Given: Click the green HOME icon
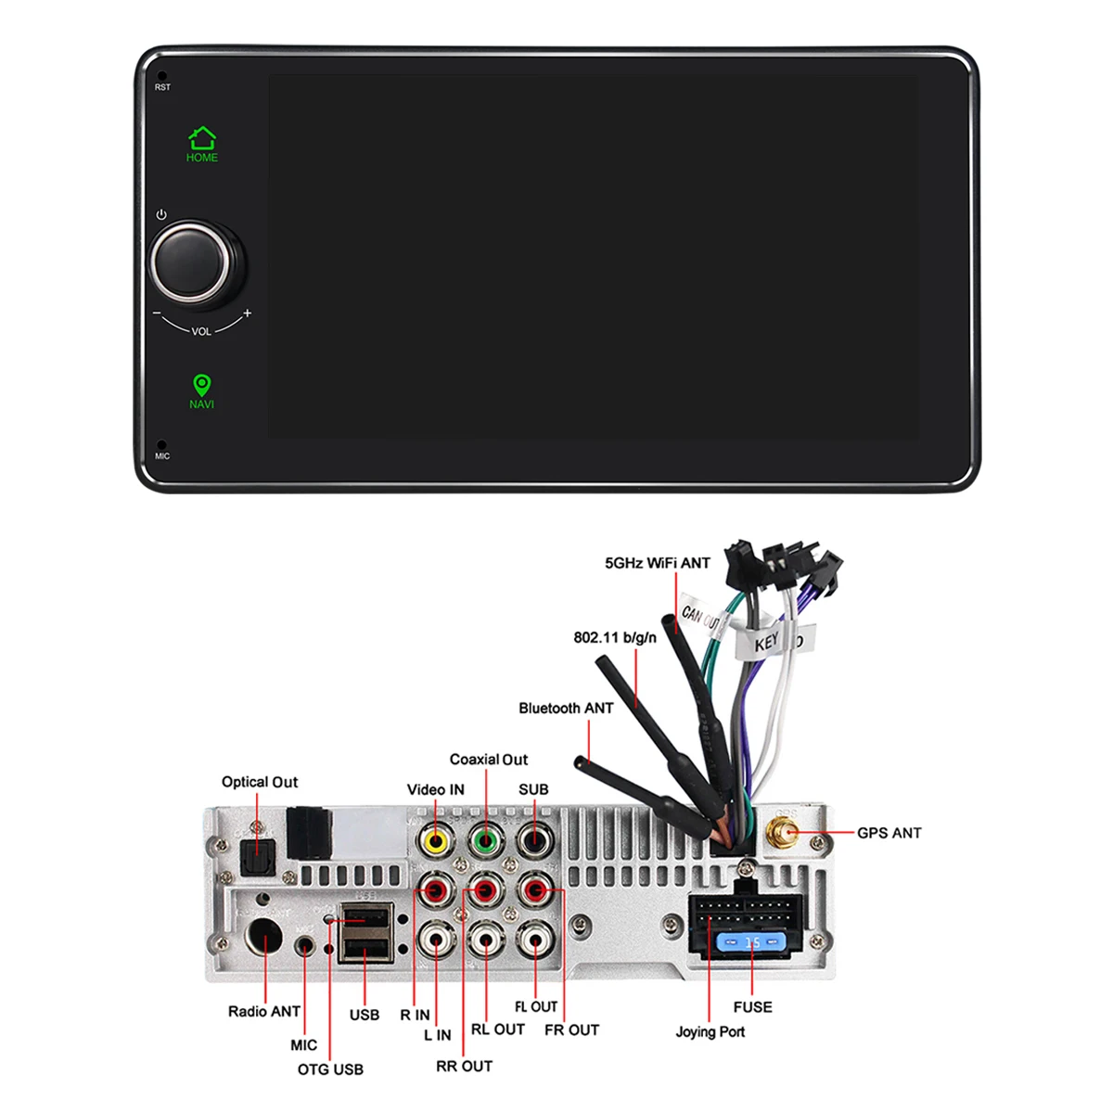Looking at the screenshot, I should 202,139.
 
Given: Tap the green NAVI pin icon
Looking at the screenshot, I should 201,385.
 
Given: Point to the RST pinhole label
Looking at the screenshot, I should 162,87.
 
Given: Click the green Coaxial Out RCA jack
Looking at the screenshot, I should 484,841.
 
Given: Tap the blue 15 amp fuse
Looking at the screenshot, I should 752,943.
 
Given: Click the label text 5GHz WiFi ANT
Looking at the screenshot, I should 658,563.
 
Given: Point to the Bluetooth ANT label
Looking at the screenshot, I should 566,708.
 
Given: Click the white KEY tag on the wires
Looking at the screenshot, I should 768,643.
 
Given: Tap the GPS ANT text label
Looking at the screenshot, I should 889,833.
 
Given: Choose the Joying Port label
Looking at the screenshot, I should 710,1031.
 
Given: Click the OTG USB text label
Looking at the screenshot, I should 330,1069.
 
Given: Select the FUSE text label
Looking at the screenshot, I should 752,1006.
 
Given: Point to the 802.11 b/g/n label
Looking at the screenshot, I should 615,637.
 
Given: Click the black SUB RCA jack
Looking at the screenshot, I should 533,841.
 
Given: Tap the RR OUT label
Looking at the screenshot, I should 464,1066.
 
